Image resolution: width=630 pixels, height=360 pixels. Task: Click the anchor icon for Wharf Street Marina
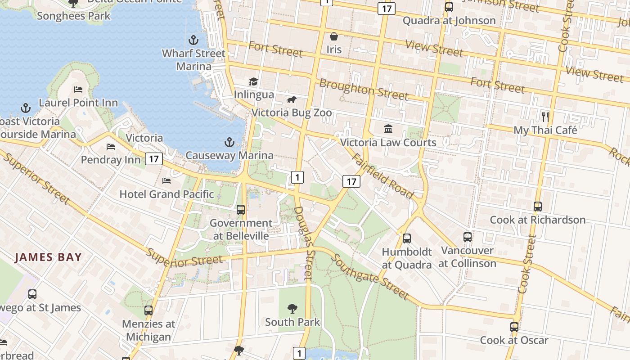point(193,40)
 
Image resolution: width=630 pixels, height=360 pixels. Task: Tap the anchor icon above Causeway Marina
point(229,143)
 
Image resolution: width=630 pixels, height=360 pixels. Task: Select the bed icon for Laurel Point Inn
point(78,90)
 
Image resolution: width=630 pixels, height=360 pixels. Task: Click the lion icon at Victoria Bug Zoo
point(292,99)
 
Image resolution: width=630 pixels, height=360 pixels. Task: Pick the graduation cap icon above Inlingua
point(253,81)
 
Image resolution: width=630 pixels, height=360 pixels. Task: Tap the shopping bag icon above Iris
point(334,36)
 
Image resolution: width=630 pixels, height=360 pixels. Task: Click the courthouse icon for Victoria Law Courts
point(388,130)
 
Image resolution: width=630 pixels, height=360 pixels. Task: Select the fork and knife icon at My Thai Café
point(545,117)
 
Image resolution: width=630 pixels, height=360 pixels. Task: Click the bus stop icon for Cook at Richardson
point(537,207)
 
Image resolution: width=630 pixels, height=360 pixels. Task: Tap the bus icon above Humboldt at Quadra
point(407,238)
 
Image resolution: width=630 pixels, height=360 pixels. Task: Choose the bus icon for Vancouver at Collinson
point(468,237)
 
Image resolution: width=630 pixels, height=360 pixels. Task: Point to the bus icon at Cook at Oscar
point(514,327)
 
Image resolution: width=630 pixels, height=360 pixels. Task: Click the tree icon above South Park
point(292,309)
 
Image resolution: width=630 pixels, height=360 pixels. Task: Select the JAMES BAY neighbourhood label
point(48,257)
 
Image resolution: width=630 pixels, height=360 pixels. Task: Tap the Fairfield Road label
point(382,176)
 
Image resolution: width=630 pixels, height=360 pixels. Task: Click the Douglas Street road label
point(303,243)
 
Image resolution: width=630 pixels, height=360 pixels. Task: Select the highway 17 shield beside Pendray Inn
point(154,158)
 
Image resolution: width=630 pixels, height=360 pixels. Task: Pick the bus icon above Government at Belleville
point(241,210)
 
